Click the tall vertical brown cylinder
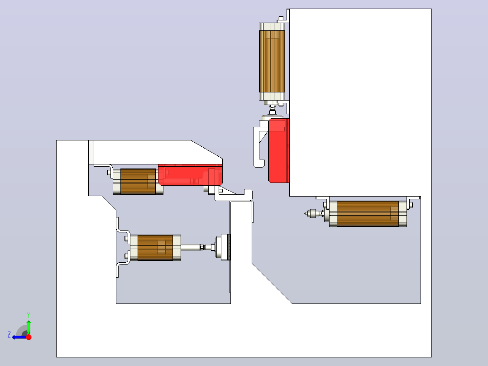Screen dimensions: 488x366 tap(272, 61)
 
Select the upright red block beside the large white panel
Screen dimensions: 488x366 tap(278, 150)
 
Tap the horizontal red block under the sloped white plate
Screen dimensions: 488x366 tap(190, 175)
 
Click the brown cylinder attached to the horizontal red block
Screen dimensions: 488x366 tap(138, 182)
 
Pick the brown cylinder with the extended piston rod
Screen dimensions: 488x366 tap(155, 248)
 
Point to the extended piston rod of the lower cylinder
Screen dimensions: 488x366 tap(192, 247)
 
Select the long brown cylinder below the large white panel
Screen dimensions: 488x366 tap(368, 214)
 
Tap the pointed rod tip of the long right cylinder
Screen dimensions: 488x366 tap(306, 214)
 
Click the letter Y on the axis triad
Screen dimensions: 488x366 tap(29, 315)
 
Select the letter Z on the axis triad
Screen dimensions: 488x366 tap(9, 335)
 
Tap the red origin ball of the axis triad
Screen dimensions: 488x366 tap(29, 337)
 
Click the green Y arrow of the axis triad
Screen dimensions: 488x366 tap(29, 327)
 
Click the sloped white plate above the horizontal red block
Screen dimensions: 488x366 tap(156, 152)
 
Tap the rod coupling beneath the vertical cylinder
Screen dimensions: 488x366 tap(273, 110)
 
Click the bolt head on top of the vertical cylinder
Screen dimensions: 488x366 tap(281, 19)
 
